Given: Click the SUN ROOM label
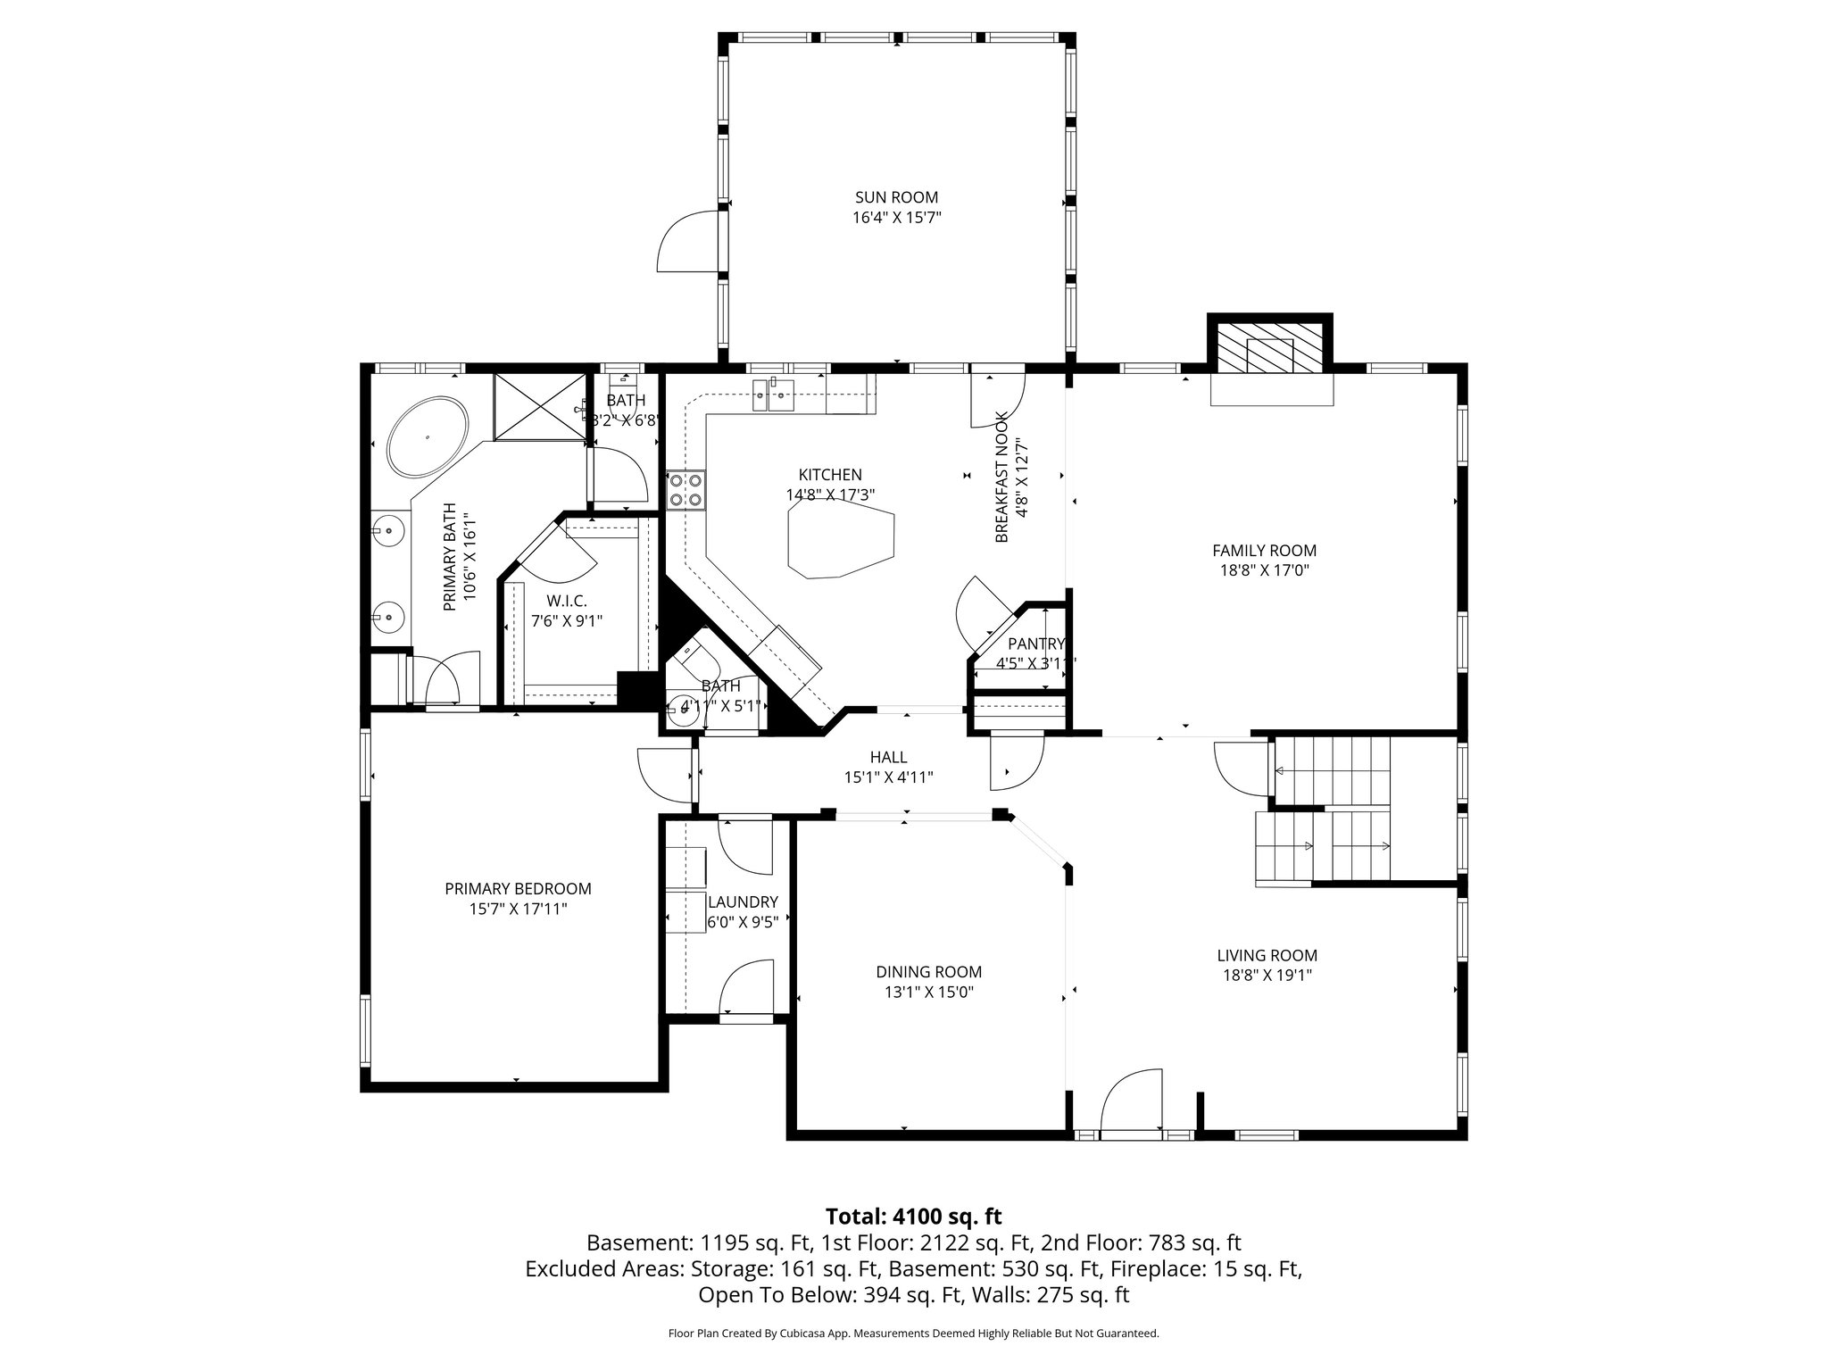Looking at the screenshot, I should (896, 197).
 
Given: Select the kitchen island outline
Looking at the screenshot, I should (840, 539).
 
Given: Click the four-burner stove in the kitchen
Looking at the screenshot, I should (685, 490).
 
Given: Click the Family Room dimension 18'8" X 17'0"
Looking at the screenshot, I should (1264, 571).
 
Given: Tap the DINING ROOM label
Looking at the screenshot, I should (928, 972).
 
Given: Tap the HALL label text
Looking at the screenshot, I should (888, 758).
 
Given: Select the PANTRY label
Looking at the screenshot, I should (1035, 644).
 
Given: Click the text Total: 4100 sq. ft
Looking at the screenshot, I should (913, 1217).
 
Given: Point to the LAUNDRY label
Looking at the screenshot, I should (743, 902).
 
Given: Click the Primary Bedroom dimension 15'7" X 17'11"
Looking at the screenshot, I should (518, 910).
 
